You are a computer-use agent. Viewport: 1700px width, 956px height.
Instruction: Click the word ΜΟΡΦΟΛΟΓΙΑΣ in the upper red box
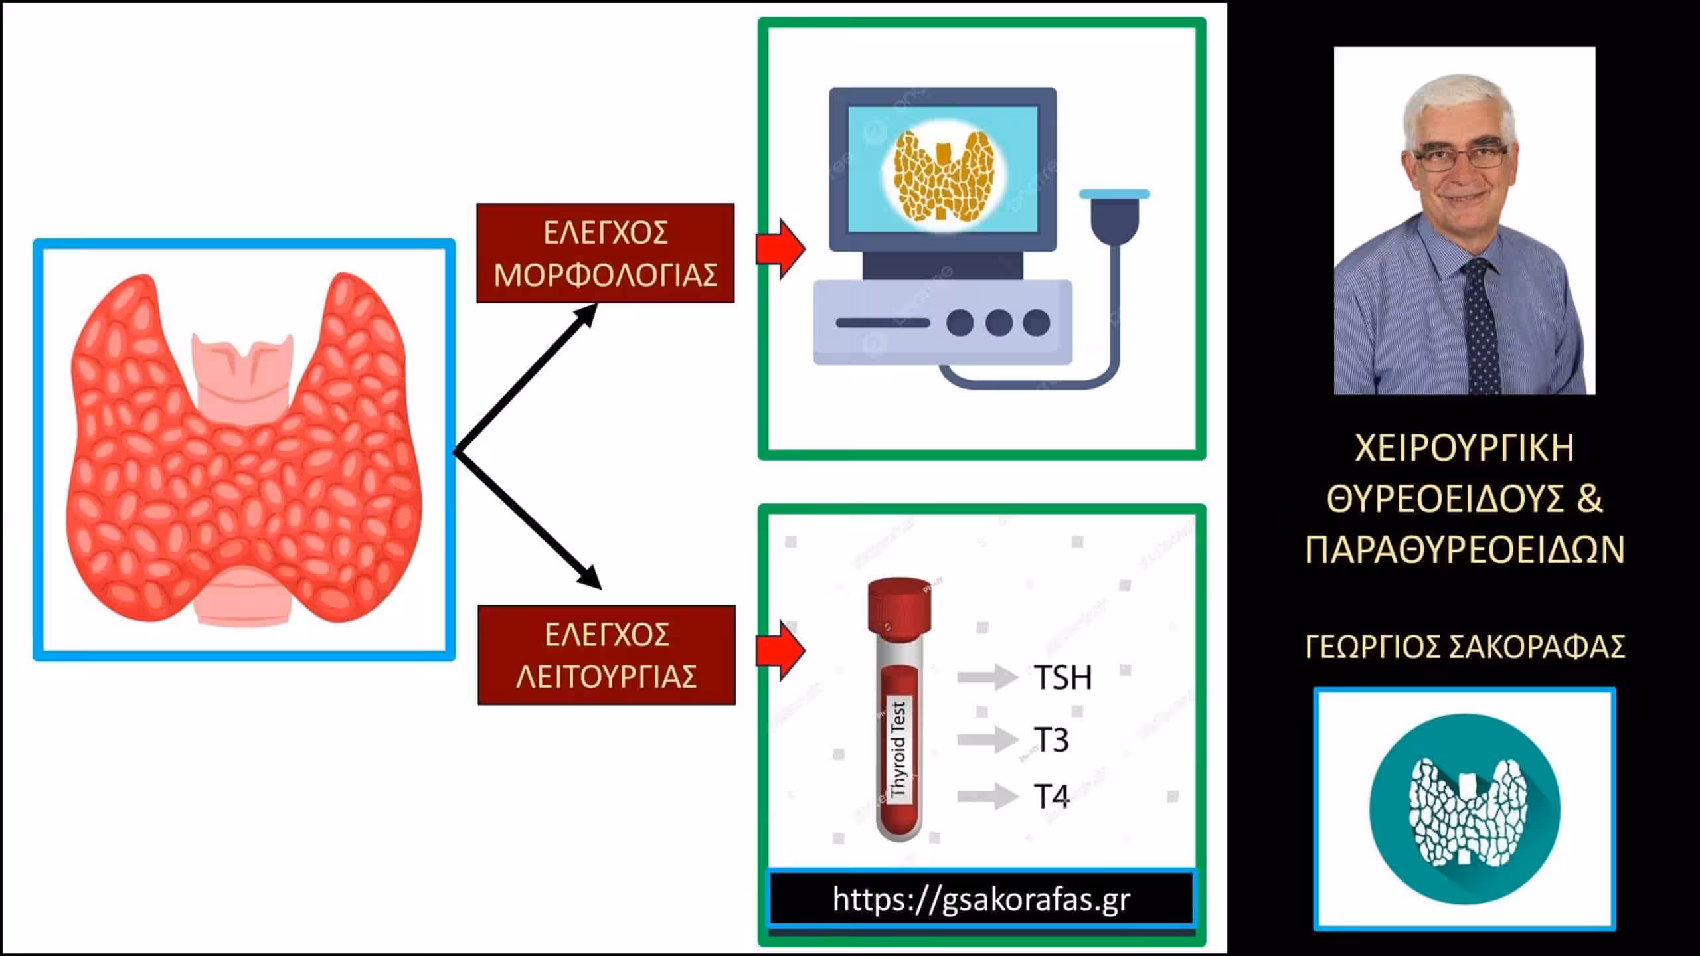[x=606, y=275]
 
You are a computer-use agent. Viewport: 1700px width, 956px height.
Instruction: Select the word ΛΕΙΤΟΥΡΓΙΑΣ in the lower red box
[x=606, y=677]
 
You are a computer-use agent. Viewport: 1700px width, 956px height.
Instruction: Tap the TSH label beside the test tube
[x=1063, y=678]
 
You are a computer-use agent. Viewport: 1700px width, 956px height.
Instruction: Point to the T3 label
[x=1051, y=740]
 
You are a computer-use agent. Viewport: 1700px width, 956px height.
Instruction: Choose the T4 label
[x=1052, y=796]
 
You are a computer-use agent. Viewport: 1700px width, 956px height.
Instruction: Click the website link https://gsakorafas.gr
[x=981, y=900]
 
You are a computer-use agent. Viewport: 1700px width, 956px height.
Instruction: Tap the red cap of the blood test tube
[x=899, y=605]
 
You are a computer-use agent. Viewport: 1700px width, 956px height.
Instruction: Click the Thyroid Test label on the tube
[x=898, y=750]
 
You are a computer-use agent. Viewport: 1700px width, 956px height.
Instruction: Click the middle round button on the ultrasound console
[x=999, y=323]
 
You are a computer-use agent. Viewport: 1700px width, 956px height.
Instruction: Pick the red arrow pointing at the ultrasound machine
[x=782, y=249]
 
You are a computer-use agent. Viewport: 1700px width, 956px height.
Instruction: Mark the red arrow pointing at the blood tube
[x=782, y=651]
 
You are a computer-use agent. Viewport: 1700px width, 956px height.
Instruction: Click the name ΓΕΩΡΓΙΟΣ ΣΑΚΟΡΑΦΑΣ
[x=1465, y=647]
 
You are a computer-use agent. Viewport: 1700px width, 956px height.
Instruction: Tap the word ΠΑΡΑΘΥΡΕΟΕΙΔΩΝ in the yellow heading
[x=1465, y=550]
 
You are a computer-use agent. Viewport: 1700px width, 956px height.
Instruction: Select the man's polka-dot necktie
[x=1482, y=325]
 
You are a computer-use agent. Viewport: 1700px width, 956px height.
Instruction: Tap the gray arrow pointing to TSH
[x=987, y=678]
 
